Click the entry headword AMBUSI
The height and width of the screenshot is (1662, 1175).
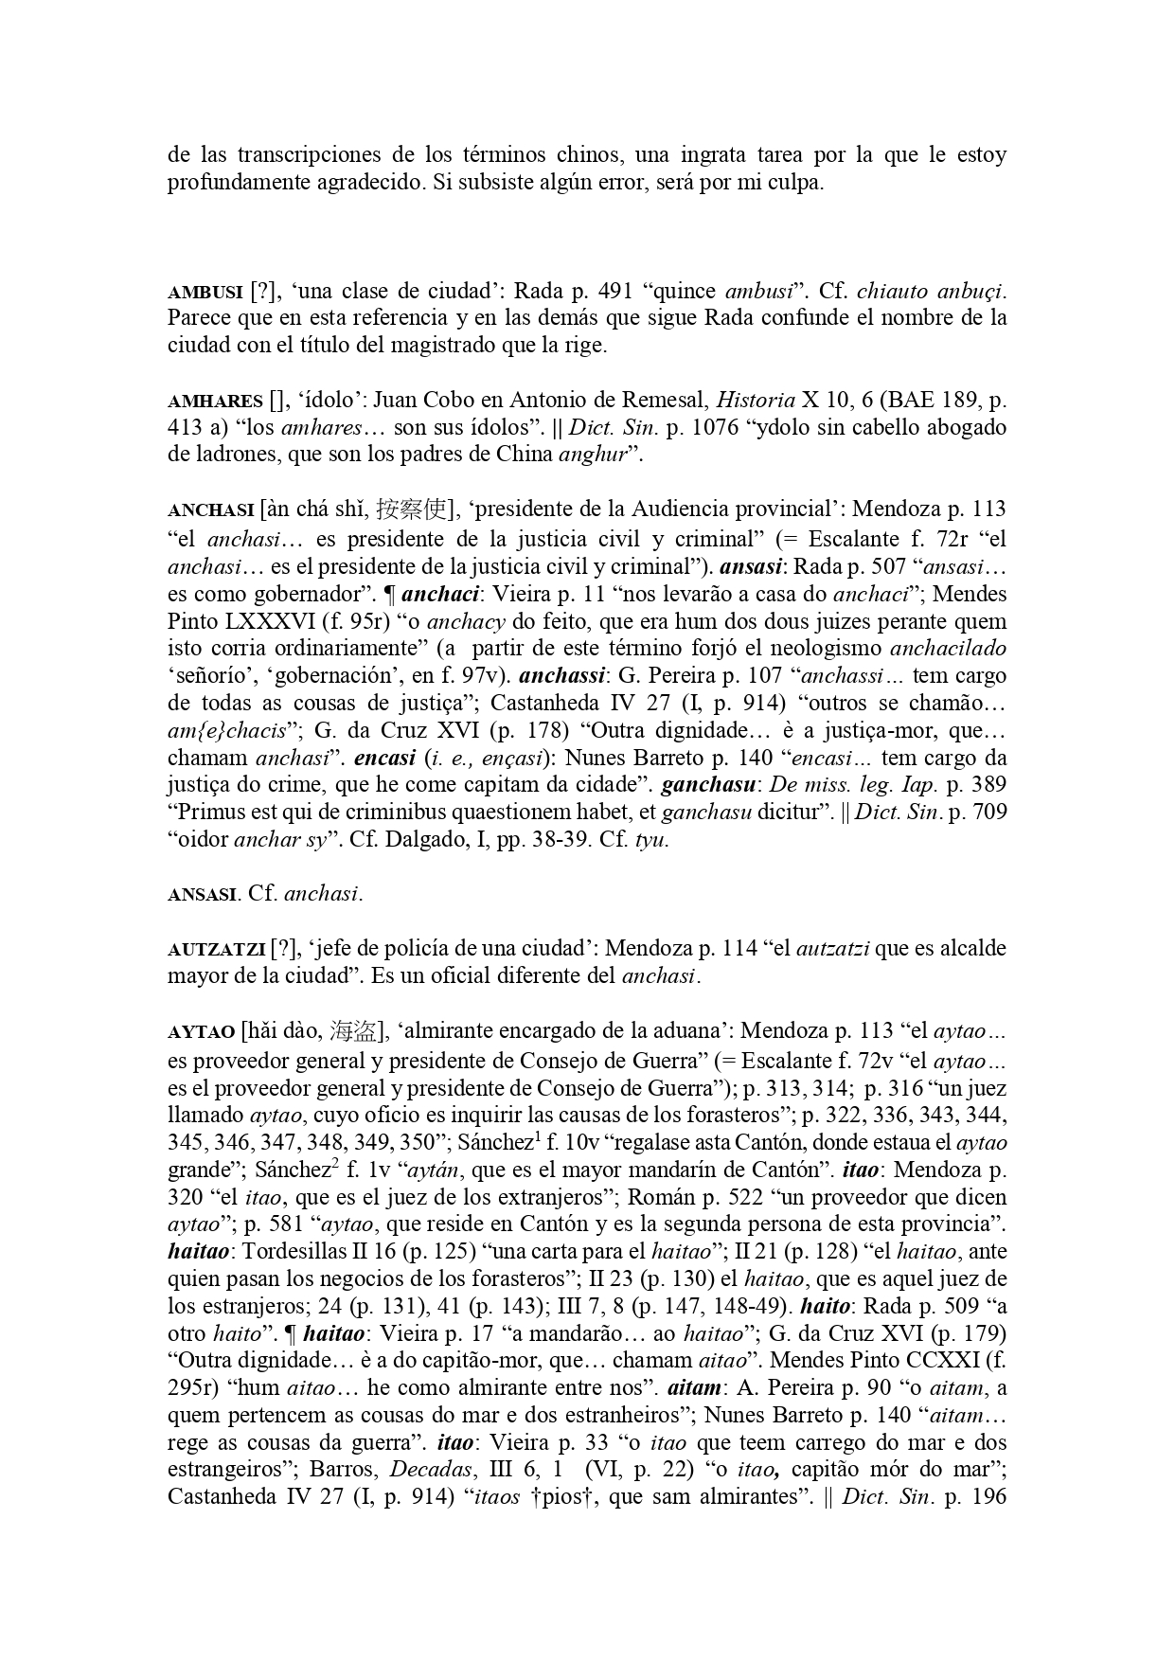(205, 291)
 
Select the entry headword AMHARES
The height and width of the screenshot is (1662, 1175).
(215, 402)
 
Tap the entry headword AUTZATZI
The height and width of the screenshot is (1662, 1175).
(216, 949)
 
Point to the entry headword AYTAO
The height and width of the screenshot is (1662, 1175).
(200, 1031)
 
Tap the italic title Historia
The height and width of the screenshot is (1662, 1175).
(757, 401)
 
